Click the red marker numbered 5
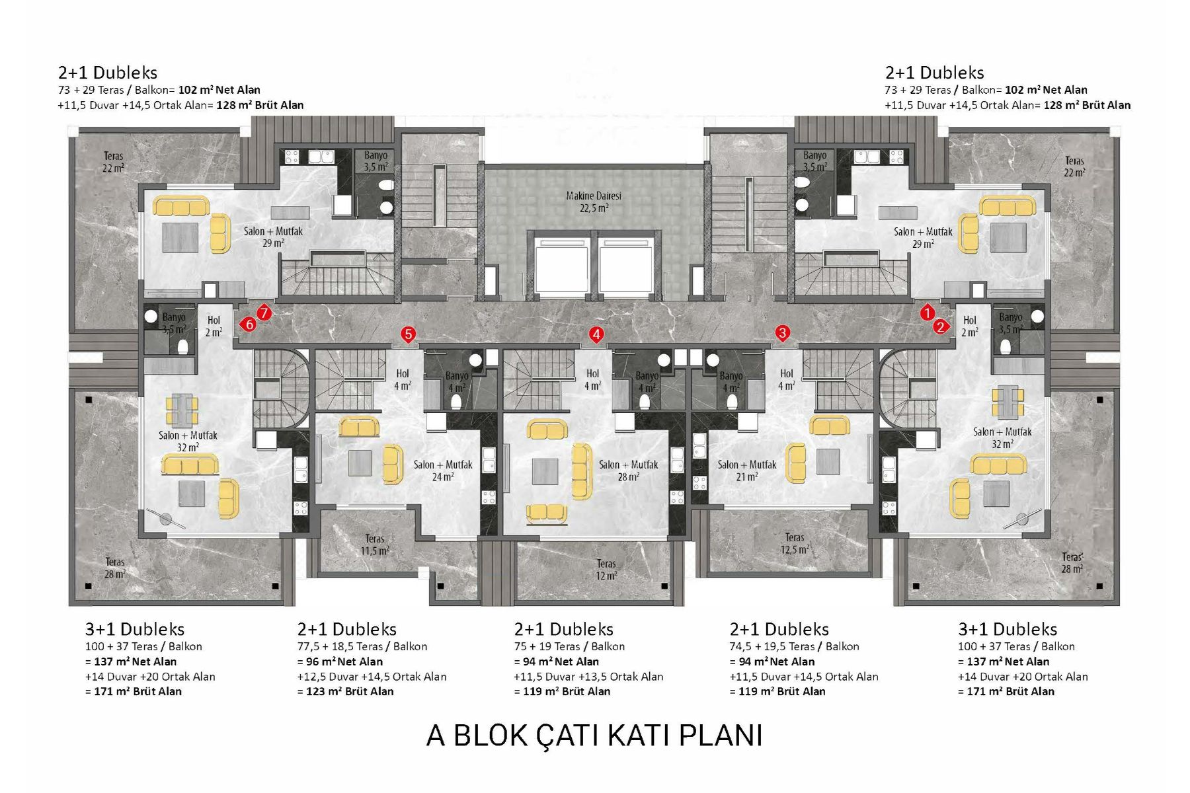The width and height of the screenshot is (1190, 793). (x=409, y=334)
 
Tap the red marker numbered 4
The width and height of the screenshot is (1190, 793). (x=596, y=334)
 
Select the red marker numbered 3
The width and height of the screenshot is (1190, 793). (x=783, y=332)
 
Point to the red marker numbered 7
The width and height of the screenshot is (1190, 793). (x=264, y=313)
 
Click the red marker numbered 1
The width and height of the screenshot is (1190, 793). (x=928, y=313)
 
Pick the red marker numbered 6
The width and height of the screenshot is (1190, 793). (x=249, y=324)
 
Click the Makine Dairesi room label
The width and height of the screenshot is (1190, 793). (x=594, y=202)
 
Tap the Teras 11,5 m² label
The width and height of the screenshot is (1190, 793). (x=375, y=545)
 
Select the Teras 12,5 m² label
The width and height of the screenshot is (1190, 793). (x=795, y=543)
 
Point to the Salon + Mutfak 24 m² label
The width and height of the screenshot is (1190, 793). (x=443, y=471)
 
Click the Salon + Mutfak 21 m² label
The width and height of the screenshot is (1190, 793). (x=747, y=471)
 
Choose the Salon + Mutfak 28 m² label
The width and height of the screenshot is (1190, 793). (x=628, y=471)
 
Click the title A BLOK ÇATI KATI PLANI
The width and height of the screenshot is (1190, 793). (x=594, y=736)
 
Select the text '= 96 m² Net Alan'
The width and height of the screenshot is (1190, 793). (x=340, y=661)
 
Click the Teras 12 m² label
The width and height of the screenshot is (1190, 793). (x=606, y=570)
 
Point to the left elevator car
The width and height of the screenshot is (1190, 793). (x=561, y=264)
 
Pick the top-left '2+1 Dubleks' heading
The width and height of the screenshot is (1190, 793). (x=108, y=73)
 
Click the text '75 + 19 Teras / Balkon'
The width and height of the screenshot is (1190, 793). (x=569, y=646)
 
